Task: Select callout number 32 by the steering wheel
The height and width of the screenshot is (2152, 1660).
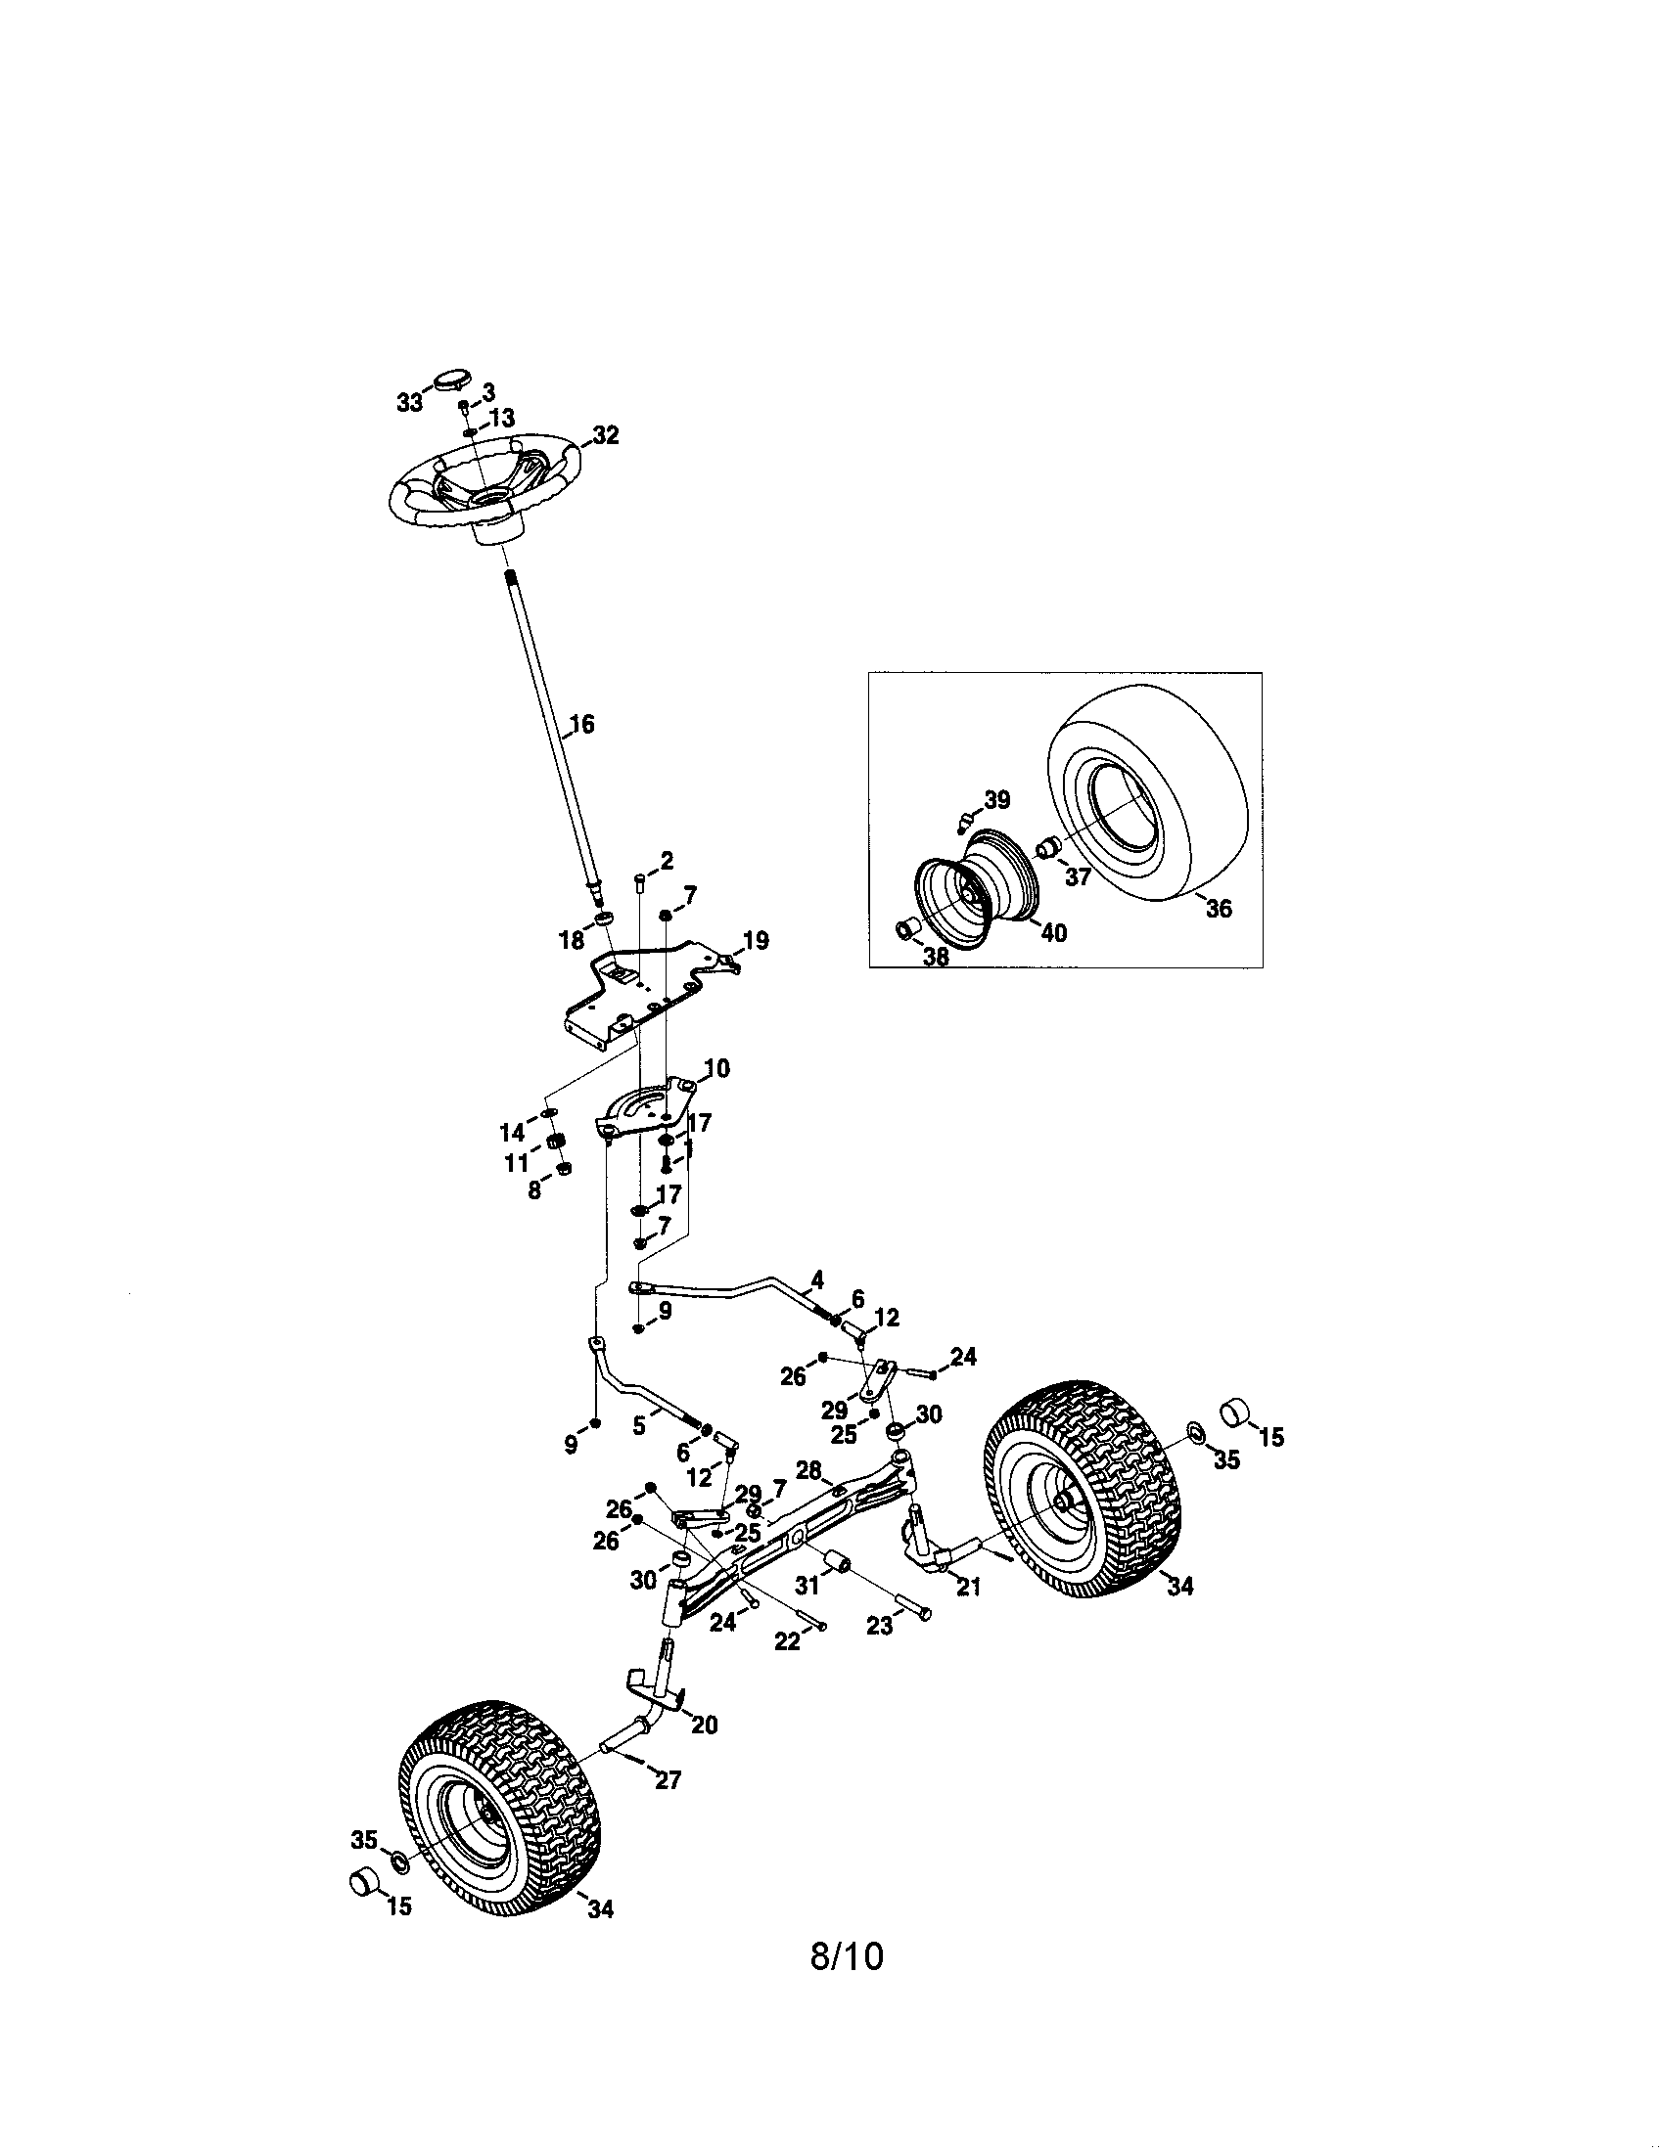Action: (x=605, y=435)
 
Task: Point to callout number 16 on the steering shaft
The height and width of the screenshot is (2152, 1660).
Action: (x=582, y=724)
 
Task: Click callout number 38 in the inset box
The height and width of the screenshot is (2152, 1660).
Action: (x=936, y=956)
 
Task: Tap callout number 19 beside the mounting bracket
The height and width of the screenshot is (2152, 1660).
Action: (x=755, y=940)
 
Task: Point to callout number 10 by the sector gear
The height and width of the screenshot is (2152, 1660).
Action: (x=715, y=1068)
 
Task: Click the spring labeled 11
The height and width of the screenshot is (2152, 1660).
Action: (x=557, y=1143)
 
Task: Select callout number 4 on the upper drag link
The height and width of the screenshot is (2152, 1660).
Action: (x=817, y=1280)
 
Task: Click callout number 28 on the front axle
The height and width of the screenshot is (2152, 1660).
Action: (x=808, y=1470)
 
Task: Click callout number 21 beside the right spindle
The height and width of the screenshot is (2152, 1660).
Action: (x=969, y=1588)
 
